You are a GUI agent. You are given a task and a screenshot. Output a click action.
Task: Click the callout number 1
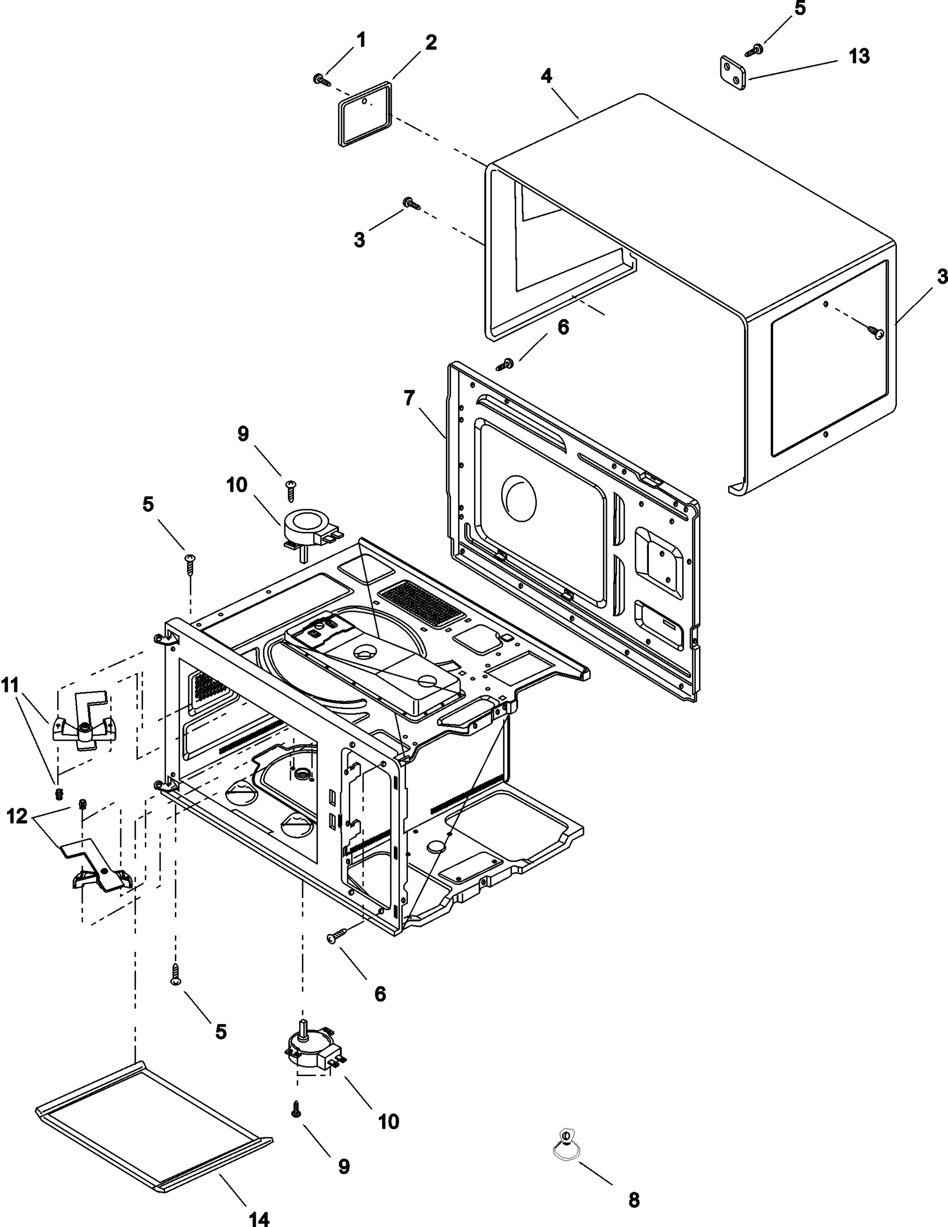tap(361, 40)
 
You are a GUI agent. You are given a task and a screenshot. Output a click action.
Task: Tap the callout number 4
tap(546, 76)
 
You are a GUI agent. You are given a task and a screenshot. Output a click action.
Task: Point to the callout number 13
tap(859, 56)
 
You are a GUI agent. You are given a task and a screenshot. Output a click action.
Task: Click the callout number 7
tap(409, 399)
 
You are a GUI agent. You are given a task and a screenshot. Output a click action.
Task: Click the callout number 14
tap(259, 1217)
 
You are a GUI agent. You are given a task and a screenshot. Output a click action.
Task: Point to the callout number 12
tap(17, 816)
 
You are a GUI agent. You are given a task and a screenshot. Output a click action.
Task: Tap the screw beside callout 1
tap(322, 80)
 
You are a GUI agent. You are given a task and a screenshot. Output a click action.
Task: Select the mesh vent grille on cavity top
tap(421, 604)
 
